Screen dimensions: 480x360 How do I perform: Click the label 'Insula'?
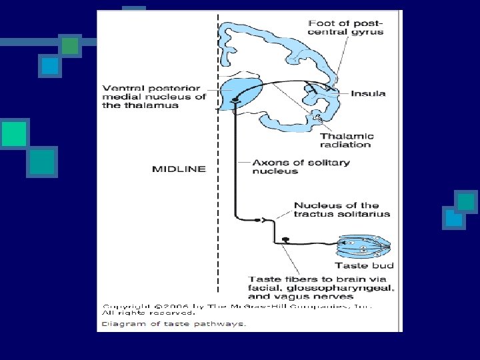coord(368,94)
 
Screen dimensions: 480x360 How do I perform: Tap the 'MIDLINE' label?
coord(179,169)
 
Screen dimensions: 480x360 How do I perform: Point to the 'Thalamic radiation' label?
coord(347,141)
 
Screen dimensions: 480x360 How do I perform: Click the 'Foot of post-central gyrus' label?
coord(346,28)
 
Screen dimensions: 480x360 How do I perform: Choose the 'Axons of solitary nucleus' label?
coord(301,167)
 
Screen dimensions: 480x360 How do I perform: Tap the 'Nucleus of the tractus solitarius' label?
coord(342,209)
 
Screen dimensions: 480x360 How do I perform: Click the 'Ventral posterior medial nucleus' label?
coord(154,97)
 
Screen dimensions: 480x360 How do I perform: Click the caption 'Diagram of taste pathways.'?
coord(174,324)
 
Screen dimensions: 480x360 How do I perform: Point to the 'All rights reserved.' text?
coord(149,312)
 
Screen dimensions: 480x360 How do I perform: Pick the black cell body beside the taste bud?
coord(285,239)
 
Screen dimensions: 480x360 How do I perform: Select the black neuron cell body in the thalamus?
coord(235,101)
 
